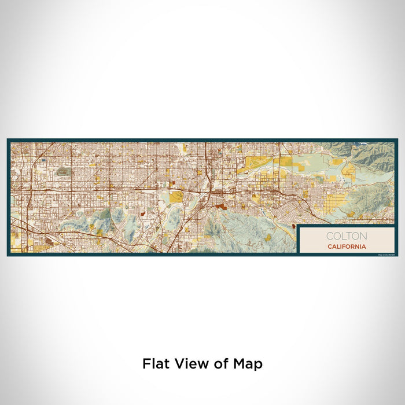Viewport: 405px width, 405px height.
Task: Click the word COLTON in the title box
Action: point(346,236)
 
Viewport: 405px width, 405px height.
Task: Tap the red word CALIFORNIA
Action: point(346,246)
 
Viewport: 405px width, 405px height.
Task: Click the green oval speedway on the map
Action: point(62,171)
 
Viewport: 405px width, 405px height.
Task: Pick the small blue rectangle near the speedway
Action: point(43,160)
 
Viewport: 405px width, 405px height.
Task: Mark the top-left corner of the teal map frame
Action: point(8,139)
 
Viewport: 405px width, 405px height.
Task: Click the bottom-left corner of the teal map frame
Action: point(8,255)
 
